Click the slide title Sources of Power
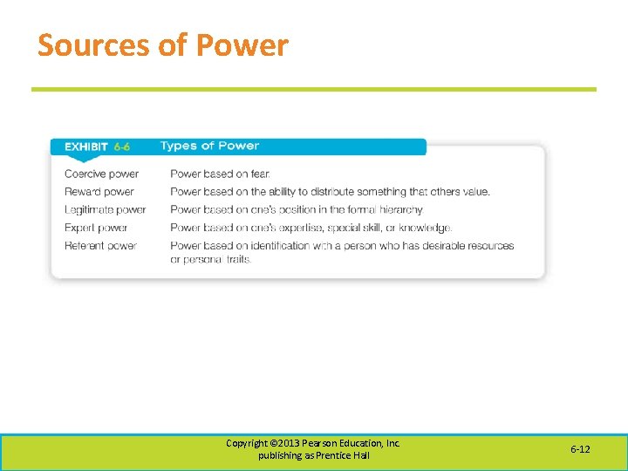click(162, 45)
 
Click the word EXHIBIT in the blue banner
click(86, 147)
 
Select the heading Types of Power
click(209, 146)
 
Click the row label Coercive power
click(101, 174)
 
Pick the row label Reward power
click(99, 192)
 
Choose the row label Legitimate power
click(105, 209)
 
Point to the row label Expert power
click(96, 228)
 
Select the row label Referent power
click(100, 246)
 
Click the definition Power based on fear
click(221, 174)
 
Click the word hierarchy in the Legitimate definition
click(401, 209)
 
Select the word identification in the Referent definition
click(279, 246)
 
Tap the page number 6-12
click(580, 449)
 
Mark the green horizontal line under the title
click(314, 89)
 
